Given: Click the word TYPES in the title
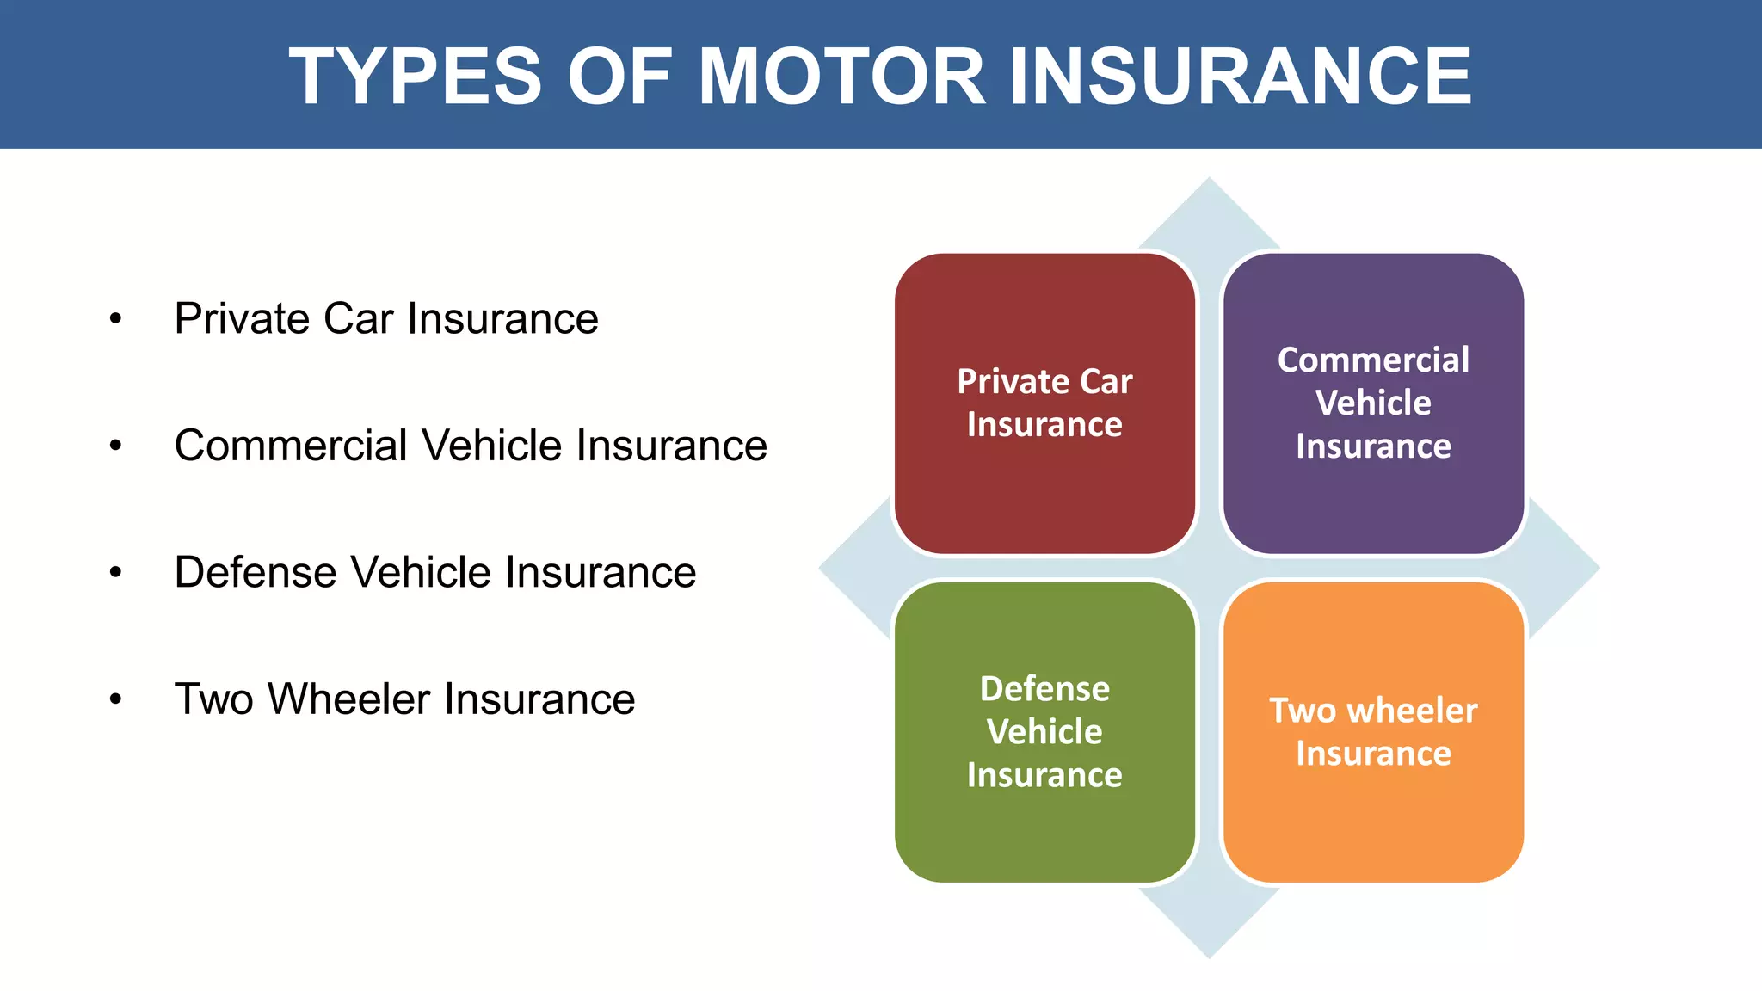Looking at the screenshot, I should (x=415, y=77).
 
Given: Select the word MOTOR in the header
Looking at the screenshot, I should (x=841, y=77).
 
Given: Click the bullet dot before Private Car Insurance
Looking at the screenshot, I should (x=116, y=319).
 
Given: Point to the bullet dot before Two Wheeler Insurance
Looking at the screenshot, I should (x=116, y=699).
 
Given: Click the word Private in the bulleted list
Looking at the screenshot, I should (x=242, y=319).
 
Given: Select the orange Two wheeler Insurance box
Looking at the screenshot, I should (x=1373, y=826).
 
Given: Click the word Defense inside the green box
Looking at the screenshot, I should (x=1044, y=689).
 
